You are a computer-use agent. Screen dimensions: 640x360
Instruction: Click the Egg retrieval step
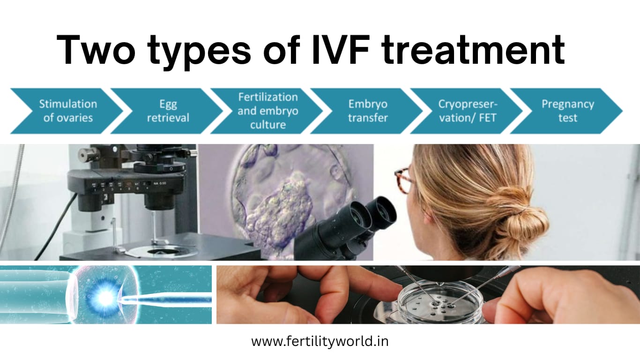[167, 111]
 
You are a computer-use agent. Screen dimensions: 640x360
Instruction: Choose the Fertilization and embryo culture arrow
[267, 111]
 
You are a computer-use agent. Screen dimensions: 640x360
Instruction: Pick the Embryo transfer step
[367, 111]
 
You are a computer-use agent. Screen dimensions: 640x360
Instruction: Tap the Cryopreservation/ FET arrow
[467, 111]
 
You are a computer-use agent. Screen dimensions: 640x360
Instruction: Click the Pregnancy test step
[567, 111]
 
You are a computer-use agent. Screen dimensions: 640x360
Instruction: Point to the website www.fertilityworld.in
[320, 341]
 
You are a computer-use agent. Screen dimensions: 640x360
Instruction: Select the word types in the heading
[200, 53]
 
